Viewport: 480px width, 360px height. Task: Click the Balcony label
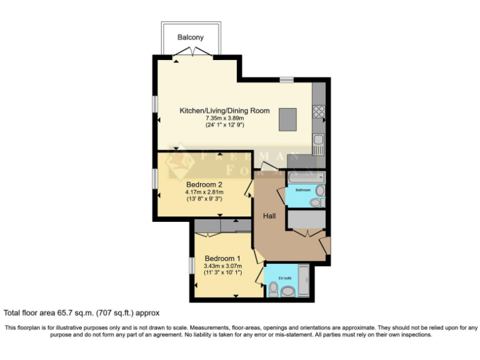click(191, 37)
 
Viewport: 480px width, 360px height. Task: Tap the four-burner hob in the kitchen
click(319, 112)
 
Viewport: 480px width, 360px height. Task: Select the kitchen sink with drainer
click(319, 145)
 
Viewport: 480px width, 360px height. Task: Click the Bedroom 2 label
click(204, 184)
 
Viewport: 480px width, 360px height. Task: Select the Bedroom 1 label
click(222, 258)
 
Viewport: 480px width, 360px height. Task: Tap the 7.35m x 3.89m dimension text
click(224, 118)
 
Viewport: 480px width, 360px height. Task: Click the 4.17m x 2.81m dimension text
click(204, 192)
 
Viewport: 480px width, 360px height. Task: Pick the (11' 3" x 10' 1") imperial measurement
click(222, 273)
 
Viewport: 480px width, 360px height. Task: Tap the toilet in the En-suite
click(273, 289)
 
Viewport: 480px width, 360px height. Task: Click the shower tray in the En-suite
click(304, 281)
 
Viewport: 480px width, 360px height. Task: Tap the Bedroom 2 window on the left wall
click(154, 178)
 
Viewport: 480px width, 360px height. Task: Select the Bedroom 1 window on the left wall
click(191, 265)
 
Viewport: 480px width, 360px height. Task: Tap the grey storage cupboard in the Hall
click(306, 219)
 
